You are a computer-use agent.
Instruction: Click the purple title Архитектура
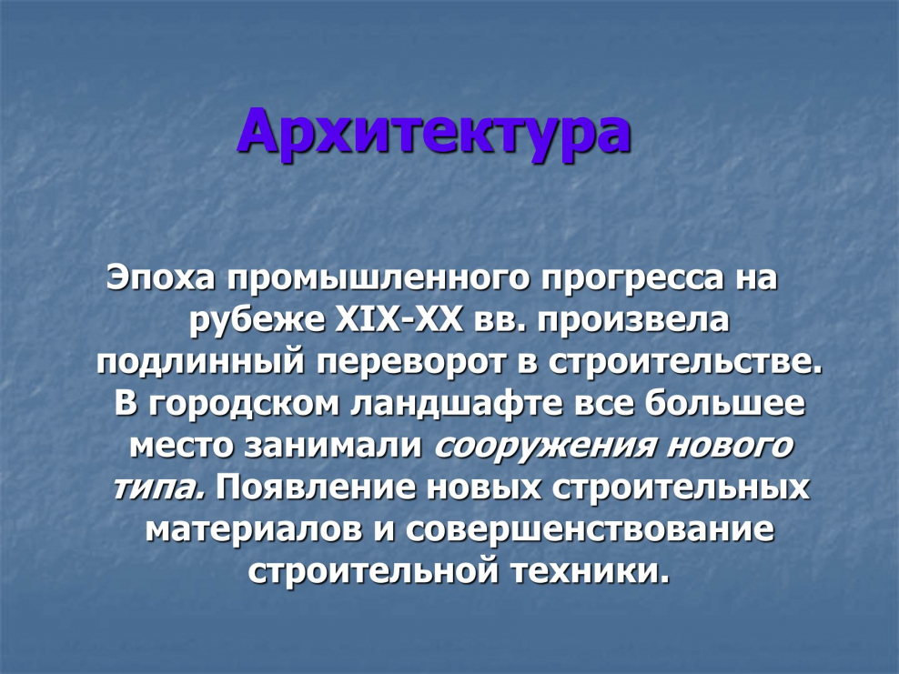[435, 134]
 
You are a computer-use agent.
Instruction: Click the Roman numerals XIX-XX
[399, 320]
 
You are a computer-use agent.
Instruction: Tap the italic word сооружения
[543, 447]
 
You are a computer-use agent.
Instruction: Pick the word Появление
[316, 488]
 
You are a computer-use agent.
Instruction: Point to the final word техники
[591, 571]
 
